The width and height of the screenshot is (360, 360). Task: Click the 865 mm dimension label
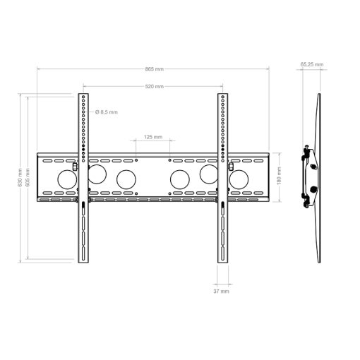click(154, 69)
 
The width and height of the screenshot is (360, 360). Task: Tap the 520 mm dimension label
click(154, 86)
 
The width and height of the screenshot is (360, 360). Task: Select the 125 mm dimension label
click(153, 137)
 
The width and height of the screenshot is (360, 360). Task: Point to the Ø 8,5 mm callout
click(107, 112)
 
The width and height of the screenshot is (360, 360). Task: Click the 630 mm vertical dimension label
click(20, 178)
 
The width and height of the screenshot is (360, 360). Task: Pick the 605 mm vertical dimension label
click(28, 178)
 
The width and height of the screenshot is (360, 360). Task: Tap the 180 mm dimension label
click(279, 176)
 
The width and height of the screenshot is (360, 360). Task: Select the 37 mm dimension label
click(221, 292)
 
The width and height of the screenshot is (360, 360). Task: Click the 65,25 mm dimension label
click(312, 64)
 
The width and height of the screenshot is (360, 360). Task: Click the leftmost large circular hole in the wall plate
click(67, 179)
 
